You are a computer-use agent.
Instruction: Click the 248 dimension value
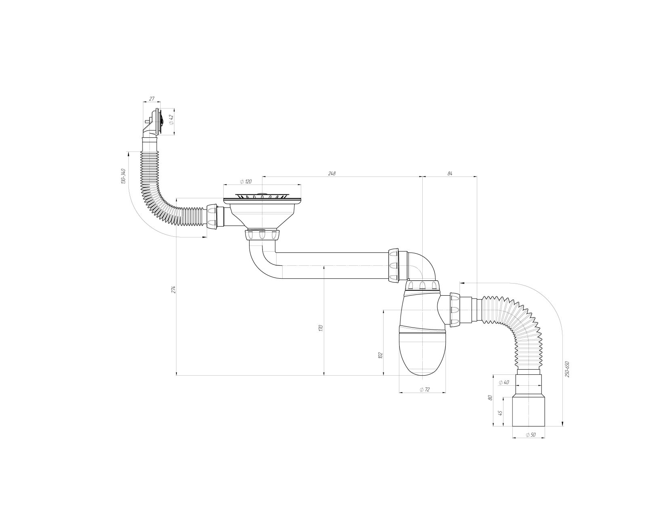pyautogui.click(x=332, y=173)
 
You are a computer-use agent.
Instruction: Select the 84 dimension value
pyautogui.click(x=450, y=173)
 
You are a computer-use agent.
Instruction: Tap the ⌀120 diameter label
pyautogui.click(x=246, y=181)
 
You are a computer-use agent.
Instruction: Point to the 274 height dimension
pyautogui.click(x=173, y=290)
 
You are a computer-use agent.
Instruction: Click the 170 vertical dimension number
pyautogui.click(x=321, y=328)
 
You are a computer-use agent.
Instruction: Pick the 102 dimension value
pyautogui.click(x=380, y=355)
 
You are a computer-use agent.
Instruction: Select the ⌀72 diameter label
pyautogui.click(x=425, y=390)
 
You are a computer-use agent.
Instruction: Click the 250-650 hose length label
pyautogui.click(x=567, y=369)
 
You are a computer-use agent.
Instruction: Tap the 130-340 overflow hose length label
pyautogui.click(x=123, y=177)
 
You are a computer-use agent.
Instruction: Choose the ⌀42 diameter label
pyautogui.click(x=171, y=120)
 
